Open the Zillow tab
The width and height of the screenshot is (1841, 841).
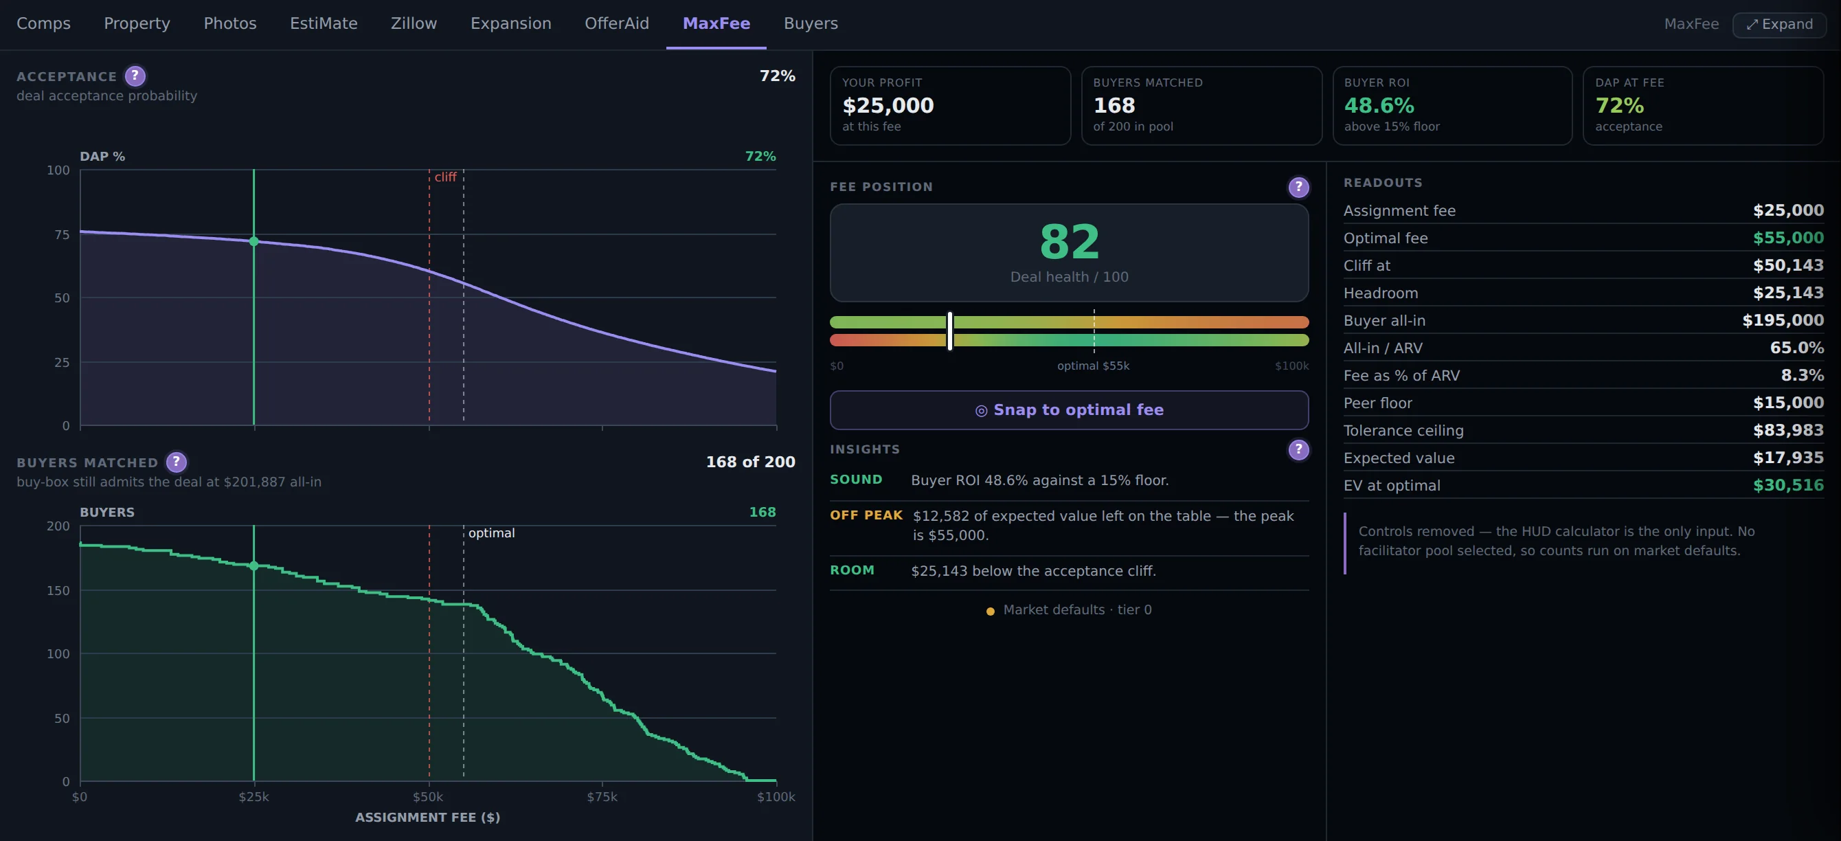[x=414, y=23]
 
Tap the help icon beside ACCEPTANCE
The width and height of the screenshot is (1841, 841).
[x=135, y=76]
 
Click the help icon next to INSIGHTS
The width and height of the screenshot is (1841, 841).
[x=1298, y=449]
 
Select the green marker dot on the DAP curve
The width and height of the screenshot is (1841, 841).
[x=253, y=241]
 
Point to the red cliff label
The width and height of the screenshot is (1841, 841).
[x=445, y=177]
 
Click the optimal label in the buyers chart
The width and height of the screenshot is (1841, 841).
[x=491, y=533]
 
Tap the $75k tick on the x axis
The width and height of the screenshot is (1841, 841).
[x=602, y=797]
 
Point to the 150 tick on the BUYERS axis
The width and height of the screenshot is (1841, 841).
[x=58, y=590]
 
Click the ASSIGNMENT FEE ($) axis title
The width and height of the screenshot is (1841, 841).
[x=427, y=818]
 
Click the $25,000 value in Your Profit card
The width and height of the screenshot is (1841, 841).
[x=888, y=106]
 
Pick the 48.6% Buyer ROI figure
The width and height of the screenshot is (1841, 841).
[x=1379, y=106]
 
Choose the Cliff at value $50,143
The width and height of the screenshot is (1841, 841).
[x=1787, y=265]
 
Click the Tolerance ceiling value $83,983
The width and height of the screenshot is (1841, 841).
[x=1787, y=430]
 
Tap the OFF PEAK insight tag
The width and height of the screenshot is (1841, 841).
[x=866, y=515]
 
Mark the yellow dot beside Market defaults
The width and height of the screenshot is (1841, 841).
[x=990, y=611]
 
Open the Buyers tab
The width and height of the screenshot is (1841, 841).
[x=811, y=23]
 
